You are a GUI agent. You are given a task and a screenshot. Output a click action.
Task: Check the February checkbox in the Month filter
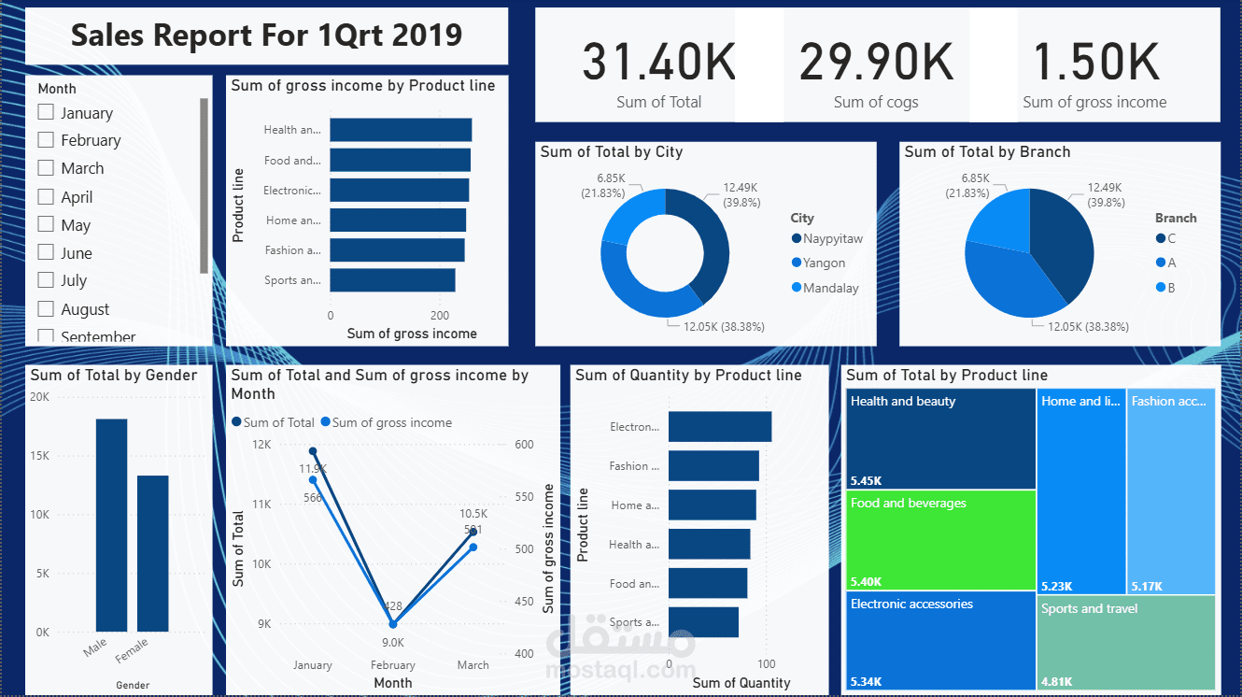point(46,140)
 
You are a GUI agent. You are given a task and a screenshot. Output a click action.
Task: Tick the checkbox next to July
point(46,280)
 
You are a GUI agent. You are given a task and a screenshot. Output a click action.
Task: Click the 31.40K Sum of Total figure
point(658,63)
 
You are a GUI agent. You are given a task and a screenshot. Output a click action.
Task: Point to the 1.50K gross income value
point(1094,63)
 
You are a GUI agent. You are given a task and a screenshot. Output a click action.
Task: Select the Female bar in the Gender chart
point(153,553)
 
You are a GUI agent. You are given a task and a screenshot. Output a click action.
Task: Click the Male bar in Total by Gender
point(111,525)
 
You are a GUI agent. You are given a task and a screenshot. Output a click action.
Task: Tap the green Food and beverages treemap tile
point(942,540)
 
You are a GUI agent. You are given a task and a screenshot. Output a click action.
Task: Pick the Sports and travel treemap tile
point(1127,642)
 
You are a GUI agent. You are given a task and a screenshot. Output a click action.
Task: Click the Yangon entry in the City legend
point(823,263)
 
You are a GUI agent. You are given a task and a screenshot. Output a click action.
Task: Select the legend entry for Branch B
point(1170,288)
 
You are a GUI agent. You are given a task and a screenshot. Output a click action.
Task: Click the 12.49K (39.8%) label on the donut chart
point(740,194)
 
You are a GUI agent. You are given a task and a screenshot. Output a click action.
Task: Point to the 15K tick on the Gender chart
point(39,456)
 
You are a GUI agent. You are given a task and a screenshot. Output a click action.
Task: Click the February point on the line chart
point(392,624)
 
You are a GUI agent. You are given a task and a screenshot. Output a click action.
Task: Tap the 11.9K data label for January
point(313,468)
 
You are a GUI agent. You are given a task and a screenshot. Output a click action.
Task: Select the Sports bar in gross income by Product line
point(392,280)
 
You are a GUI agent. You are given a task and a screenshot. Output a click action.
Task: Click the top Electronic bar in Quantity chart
point(720,427)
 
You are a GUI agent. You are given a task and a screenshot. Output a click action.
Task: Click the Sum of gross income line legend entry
point(386,422)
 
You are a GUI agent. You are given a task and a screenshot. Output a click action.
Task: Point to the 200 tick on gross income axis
point(439,316)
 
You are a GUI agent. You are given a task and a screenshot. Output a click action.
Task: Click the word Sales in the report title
point(106,36)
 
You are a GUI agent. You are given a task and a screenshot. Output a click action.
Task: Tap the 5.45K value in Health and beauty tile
point(866,481)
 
